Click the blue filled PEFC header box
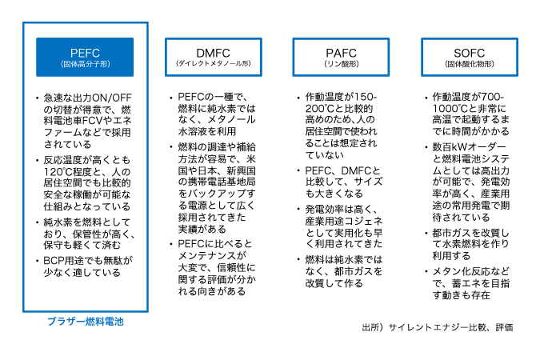tap(85, 57)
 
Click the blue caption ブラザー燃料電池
tap(86, 322)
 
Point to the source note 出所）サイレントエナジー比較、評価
tap(438, 327)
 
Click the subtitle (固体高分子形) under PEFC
tap(86, 64)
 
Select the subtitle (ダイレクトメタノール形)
tap(214, 64)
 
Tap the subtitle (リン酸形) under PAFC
tap(342, 64)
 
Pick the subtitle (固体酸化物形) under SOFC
tap(470, 64)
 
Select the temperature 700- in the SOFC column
tap(493, 97)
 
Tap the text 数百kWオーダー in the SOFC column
tap(470, 147)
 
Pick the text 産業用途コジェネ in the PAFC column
tap(344, 221)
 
